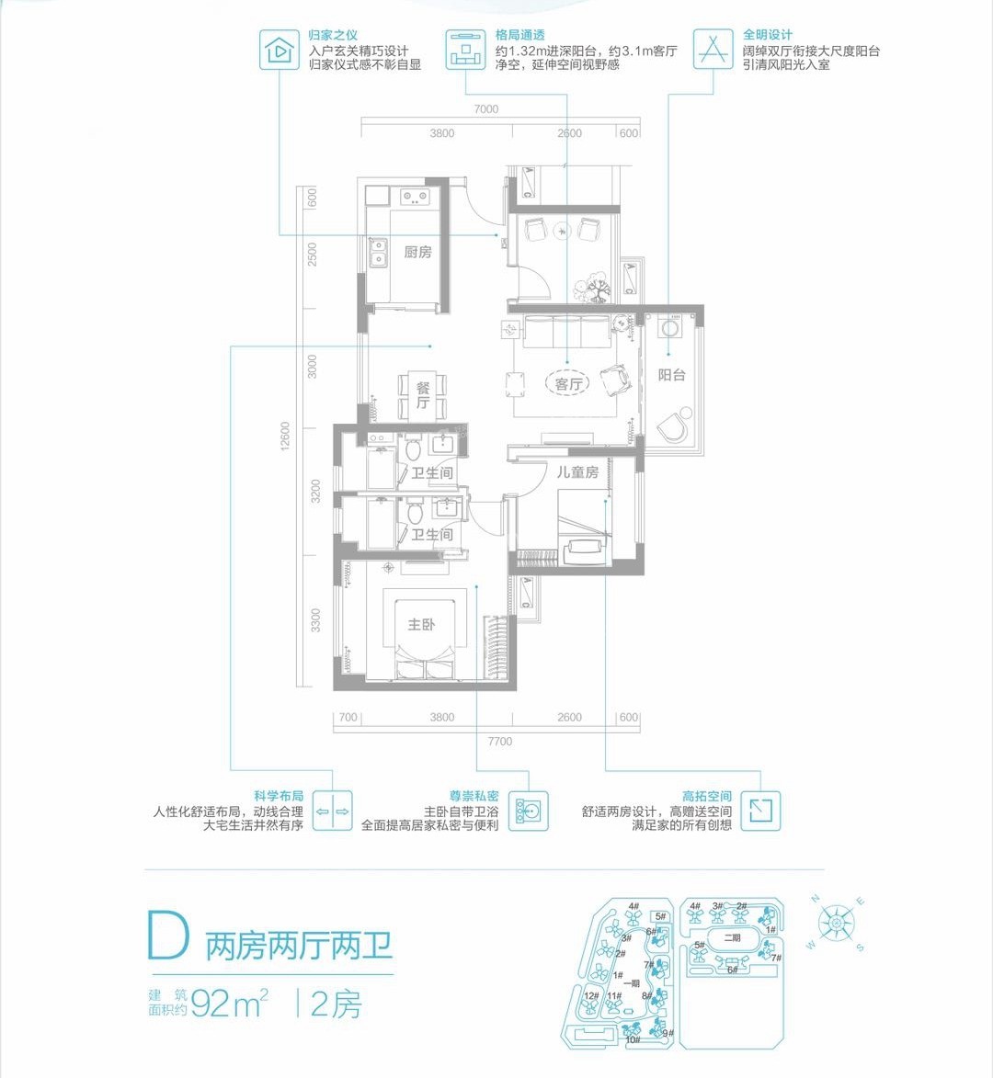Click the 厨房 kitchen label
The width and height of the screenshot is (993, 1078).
(x=417, y=252)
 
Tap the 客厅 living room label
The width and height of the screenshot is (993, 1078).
(x=569, y=384)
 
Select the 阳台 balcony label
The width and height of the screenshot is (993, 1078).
(x=671, y=375)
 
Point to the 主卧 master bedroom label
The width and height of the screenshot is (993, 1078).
(x=421, y=625)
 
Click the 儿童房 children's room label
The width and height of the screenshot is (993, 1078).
(x=577, y=472)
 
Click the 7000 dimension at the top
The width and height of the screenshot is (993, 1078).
(x=486, y=109)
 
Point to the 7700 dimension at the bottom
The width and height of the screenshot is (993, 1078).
(x=500, y=742)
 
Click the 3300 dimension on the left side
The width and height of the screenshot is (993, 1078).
(x=315, y=620)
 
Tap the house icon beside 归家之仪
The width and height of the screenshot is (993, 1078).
(x=277, y=50)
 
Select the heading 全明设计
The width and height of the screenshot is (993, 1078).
(x=768, y=35)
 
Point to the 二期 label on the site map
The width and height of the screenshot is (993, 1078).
(x=732, y=938)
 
